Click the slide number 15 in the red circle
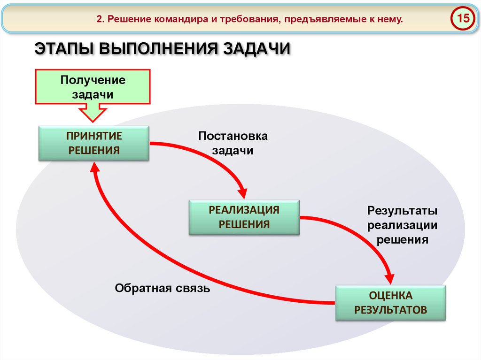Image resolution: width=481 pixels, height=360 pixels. pyautogui.click(x=463, y=19)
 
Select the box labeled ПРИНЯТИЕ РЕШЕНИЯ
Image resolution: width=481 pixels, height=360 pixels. pyautogui.click(x=94, y=143)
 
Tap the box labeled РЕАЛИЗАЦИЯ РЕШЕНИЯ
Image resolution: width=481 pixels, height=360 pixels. pyautogui.click(x=244, y=217)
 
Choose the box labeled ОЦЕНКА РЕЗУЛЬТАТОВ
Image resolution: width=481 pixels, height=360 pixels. pyautogui.click(x=390, y=303)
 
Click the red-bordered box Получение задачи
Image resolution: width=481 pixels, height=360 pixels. pyautogui.click(x=93, y=86)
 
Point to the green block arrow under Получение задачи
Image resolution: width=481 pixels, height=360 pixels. pyautogui.click(x=93, y=113)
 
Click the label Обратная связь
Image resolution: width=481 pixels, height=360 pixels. pyautogui.click(x=163, y=288)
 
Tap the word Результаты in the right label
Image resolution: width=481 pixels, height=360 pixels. pyautogui.click(x=403, y=210)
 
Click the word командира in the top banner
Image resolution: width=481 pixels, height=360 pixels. pyautogui.click(x=176, y=20)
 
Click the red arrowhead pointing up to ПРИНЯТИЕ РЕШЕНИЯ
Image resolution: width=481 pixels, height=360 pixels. pyautogui.click(x=94, y=168)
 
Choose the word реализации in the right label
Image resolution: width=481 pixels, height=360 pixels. pyautogui.click(x=403, y=225)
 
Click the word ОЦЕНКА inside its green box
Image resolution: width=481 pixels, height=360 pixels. pyautogui.click(x=390, y=296)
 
